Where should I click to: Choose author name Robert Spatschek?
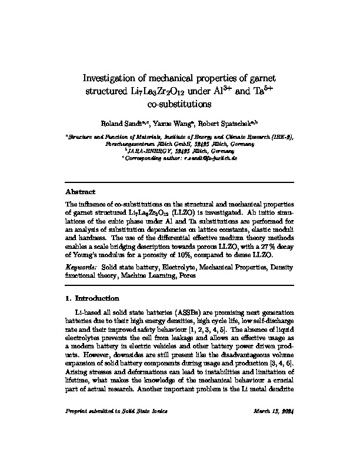[x=224, y=125]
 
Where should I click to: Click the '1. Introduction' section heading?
[x=94, y=298]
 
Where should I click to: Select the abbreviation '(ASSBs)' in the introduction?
[x=186, y=311]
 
